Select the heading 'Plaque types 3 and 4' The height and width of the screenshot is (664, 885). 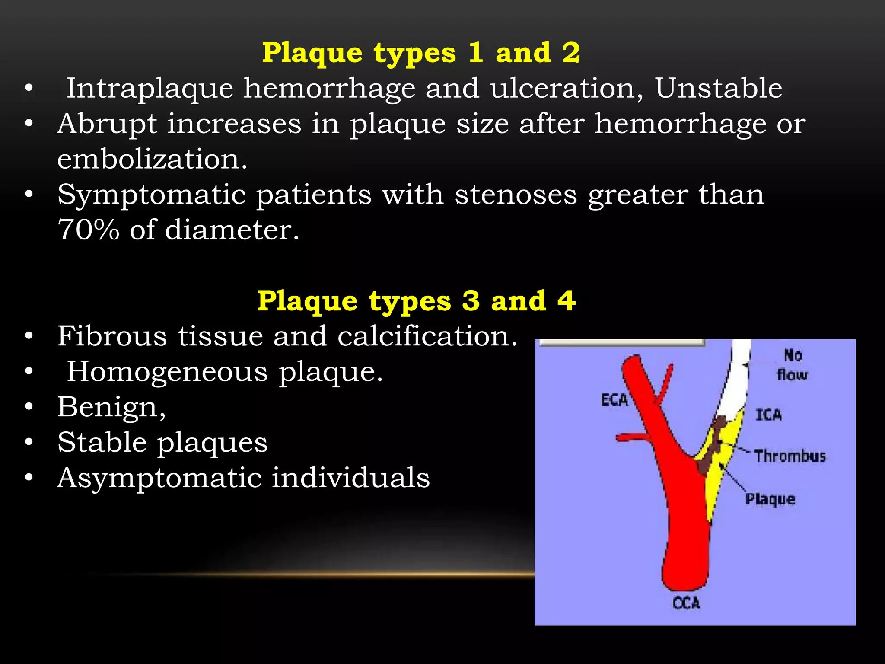[x=416, y=301]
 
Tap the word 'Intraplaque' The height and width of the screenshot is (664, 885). [x=150, y=89]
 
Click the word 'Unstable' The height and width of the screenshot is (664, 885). [x=718, y=88]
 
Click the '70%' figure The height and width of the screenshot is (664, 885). [x=88, y=230]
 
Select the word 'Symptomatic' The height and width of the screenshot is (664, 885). [x=151, y=195]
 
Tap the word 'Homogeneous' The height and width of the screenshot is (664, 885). [x=167, y=372]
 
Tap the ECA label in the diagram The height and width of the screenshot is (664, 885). [x=614, y=400]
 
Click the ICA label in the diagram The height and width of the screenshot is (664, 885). [x=768, y=415]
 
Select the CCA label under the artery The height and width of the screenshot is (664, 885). [x=686, y=603]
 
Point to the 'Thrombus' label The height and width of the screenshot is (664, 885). [x=790, y=456]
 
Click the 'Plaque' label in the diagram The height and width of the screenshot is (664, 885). [x=770, y=499]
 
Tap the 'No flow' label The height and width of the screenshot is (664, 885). [x=793, y=365]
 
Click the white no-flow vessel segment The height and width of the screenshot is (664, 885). [x=737, y=376]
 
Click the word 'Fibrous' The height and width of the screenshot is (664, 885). [x=112, y=336]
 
